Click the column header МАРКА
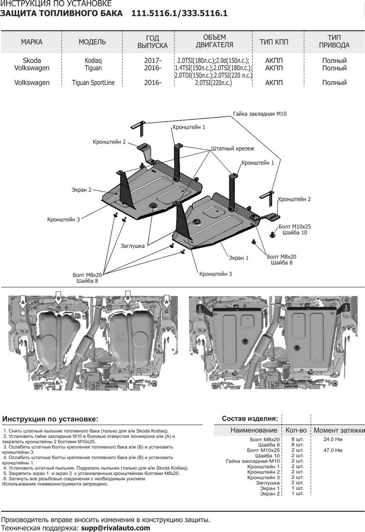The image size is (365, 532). (31, 42)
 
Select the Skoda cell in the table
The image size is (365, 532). (31, 61)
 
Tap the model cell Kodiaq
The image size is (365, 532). (92, 61)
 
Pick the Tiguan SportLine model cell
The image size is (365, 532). (92, 83)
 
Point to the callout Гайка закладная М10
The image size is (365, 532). (260, 114)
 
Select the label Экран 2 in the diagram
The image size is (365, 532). (81, 190)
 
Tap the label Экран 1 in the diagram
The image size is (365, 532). (239, 258)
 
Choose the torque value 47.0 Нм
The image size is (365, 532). (334, 450)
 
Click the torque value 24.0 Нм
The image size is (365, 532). (334, 439)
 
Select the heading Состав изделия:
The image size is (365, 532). (250, 418)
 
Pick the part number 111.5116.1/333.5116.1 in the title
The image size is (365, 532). (179, 13)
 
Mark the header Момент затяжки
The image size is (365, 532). (339, 430)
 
